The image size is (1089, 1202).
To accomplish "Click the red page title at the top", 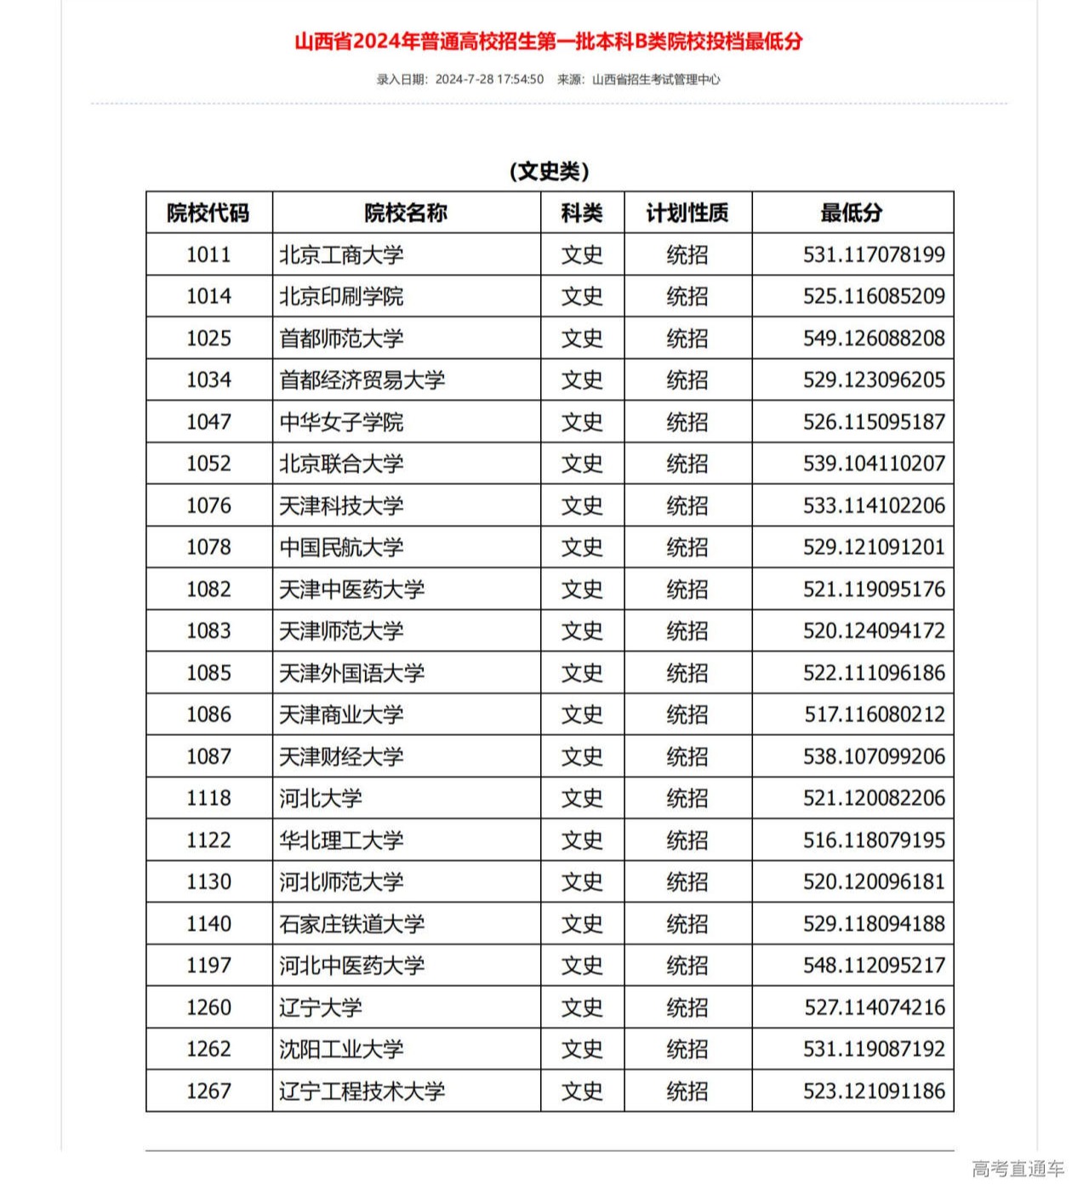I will click(x=548, y=41).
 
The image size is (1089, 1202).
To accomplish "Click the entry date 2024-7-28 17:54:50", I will click(x=489, y=79).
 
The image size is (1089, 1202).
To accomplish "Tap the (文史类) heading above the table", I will click(x=549, y=171).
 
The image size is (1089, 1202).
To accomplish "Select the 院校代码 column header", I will click(x=208, y=213).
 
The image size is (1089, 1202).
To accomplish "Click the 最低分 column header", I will click(x=852, y=213).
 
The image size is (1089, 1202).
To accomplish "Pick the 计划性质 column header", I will click(x=687, y=213).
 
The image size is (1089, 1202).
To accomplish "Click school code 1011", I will click(x=208, y=254).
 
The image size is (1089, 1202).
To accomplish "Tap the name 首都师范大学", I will click(x=341, y=339).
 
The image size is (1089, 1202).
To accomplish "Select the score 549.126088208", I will click(x=874, y=339).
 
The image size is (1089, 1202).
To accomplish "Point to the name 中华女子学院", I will click(x=341, y=422).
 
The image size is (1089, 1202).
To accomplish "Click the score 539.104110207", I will click(x=874, y=464).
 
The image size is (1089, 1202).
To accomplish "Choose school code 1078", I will click(x=208, y=547).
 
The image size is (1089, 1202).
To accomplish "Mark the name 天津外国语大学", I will click(x=351, y=673).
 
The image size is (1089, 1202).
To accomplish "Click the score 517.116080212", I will click(x=875, y=715).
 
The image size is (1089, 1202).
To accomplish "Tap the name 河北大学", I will click(x=321, y=798).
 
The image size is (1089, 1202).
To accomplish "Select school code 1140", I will click(x=208, y=924).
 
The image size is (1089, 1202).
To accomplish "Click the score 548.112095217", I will click(x=874, y=966).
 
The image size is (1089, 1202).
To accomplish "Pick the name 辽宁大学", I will click(x=321, y=1007).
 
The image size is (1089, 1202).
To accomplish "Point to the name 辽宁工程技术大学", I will click(x=362, y=1091).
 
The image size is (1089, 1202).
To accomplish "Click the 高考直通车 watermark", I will click(x=1018, y=1169).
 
